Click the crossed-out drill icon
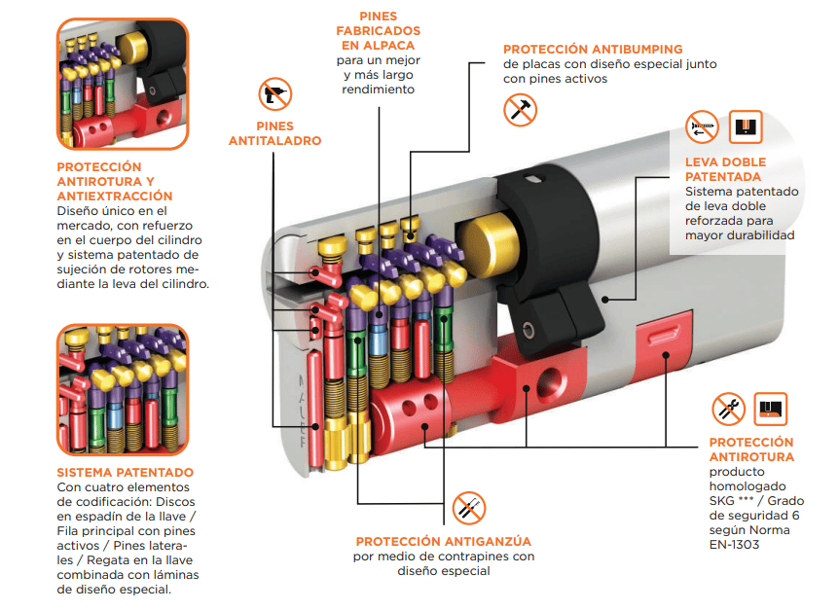pyautogui.click(x=275, y=94)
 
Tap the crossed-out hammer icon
pyautogui.click(x=520, y=110)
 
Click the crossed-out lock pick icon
pyautogui.click(x=469, y=508)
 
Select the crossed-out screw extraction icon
pyautogui.click(x=703, y=127)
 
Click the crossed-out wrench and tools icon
pyautogui.click(x=728, y=410)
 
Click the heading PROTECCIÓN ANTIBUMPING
pyautogui.click(x=593, y=50)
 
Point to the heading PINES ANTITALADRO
pyautogui.click(x=274, y=133)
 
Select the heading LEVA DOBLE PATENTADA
pyautogui.click(x=725, y=169)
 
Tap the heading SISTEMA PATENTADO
pyautogui.click(x=125, y=472)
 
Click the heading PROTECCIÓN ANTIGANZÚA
pyautogui.click(x=444, y=541)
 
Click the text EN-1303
pyautogui.click(x=734, y=545)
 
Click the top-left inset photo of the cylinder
pyautogui.click(x=123, y=84)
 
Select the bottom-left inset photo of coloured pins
pyautogui.click(x=123, y=389)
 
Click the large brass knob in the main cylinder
pyautogui.click(x=489, y=244)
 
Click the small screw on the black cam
pyautogui.click(x=528, y=329)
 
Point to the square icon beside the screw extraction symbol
pyautogui.click(x=746, y=127)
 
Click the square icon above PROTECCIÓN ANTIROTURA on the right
pyautogui.click(x=770, y=410)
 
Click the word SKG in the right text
pyautogui.click(x=721, y=501)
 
